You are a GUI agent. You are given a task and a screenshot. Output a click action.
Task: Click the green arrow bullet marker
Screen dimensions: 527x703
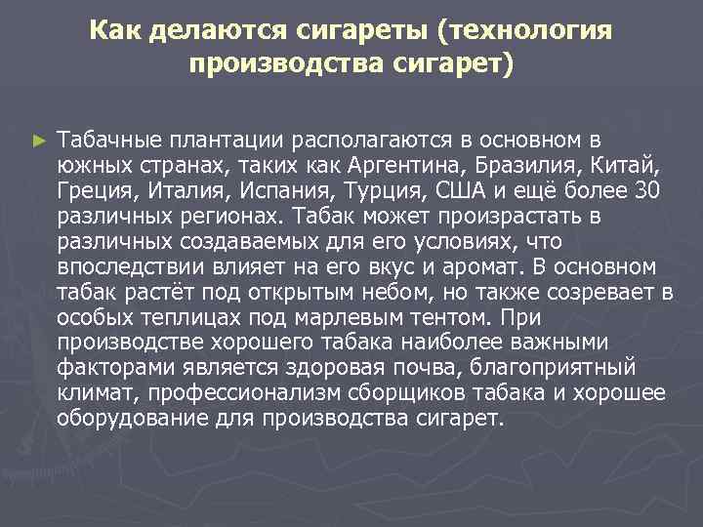pos(38,142)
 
